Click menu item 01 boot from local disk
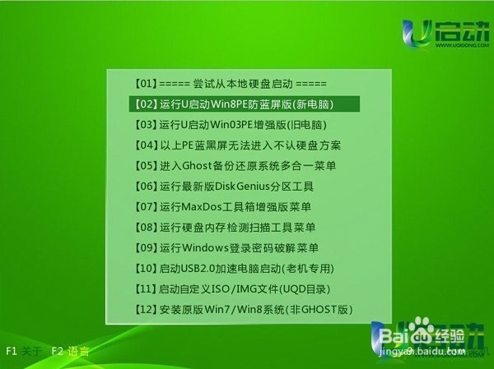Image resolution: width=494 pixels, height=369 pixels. tap(230, 84)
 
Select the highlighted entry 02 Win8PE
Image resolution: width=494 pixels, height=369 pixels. tap(245, 104)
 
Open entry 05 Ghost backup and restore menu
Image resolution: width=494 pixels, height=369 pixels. tap(234, 166)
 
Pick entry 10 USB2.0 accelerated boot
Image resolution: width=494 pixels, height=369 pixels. tap(235, 269)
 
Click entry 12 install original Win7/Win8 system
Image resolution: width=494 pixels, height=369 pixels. tap(242, 310)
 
